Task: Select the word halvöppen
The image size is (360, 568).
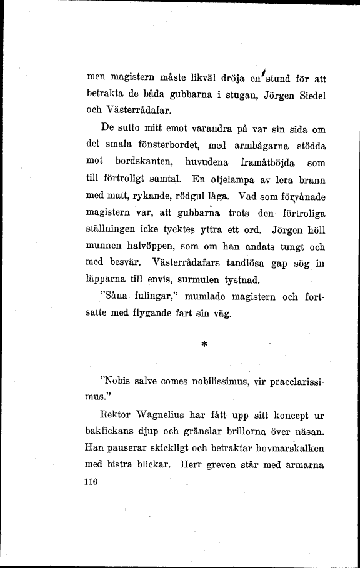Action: click(136, 247)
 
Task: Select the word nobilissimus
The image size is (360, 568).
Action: click(209, 380)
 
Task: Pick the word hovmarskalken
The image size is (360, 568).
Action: click(289, 449)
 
